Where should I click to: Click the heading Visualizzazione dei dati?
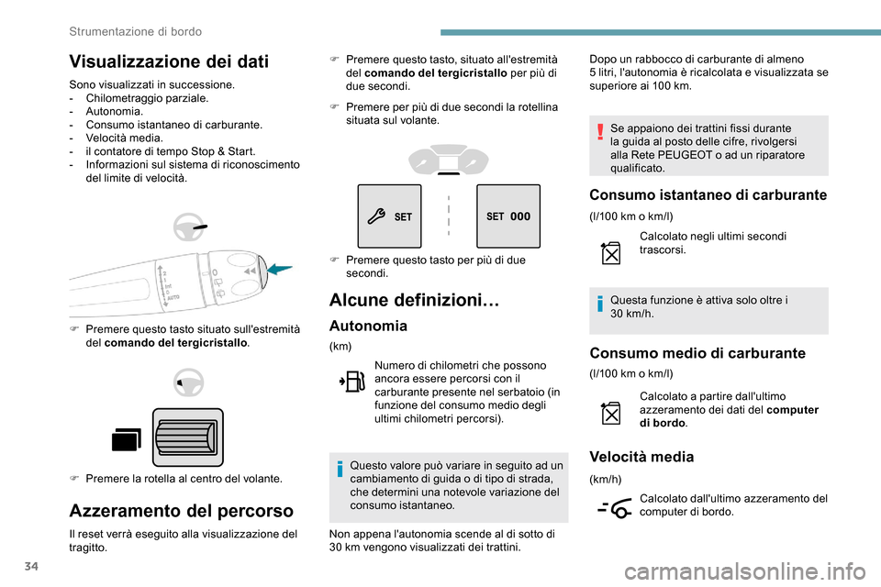168,62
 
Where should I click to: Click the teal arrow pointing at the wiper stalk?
278,269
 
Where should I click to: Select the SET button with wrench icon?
390,216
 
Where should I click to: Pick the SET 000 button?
508,216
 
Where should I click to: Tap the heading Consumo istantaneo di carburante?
708,194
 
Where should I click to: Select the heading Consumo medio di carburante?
697,353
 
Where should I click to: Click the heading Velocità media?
641,456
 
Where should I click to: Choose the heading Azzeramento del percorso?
182,511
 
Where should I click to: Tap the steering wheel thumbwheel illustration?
187,437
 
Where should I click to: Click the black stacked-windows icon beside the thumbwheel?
126,441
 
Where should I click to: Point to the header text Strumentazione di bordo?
136,31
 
